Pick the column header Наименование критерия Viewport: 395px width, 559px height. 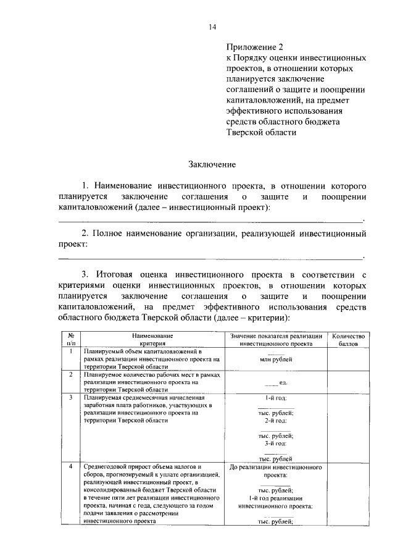tap(152, 339)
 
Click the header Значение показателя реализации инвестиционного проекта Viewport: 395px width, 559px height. tap(276, 339)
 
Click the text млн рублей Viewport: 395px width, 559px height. tap(276, 359)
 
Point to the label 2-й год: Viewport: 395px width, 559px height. tap(275, 421)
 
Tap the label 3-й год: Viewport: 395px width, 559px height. tap(275, 443)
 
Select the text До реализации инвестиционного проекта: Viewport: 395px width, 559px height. tap(276, 471)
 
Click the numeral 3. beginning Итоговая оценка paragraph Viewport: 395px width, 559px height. tap(86, 274)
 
